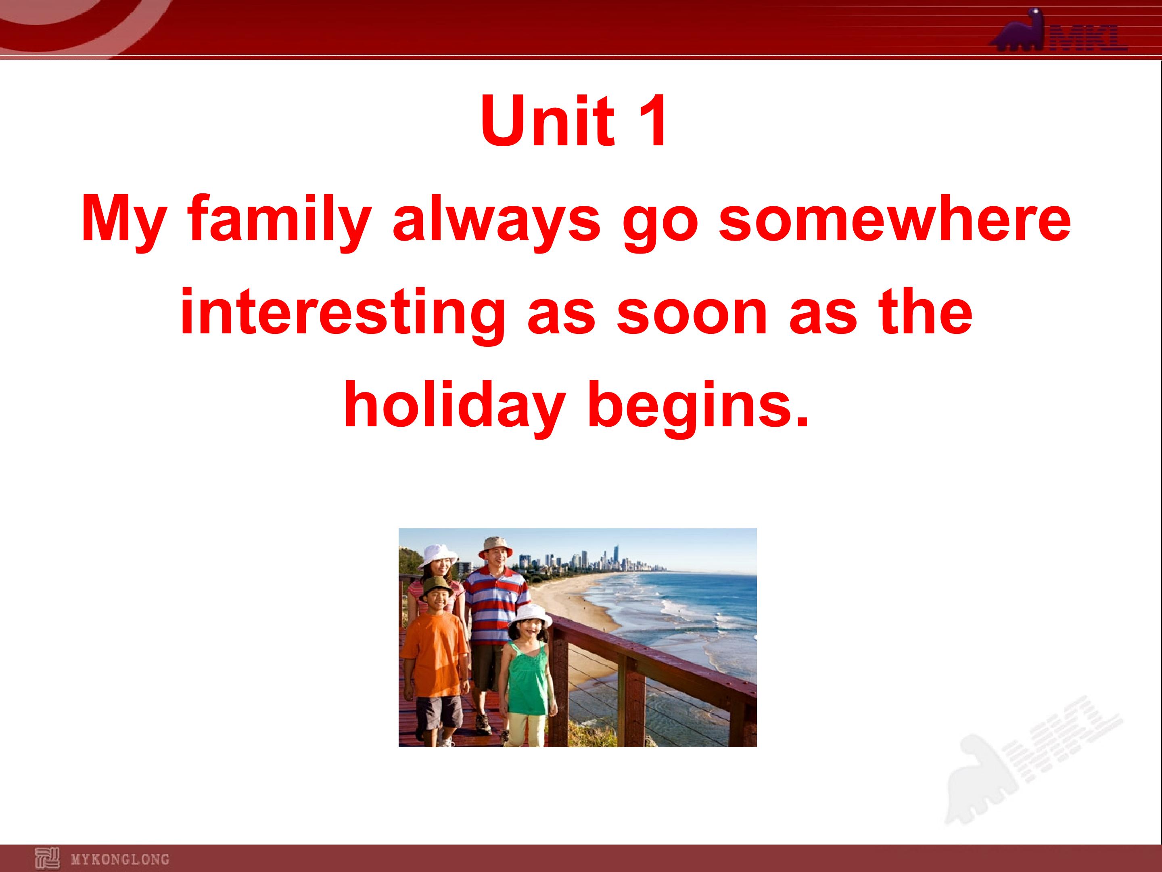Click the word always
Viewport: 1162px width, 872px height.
point(496,221)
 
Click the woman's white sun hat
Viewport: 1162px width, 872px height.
point(437,555)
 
